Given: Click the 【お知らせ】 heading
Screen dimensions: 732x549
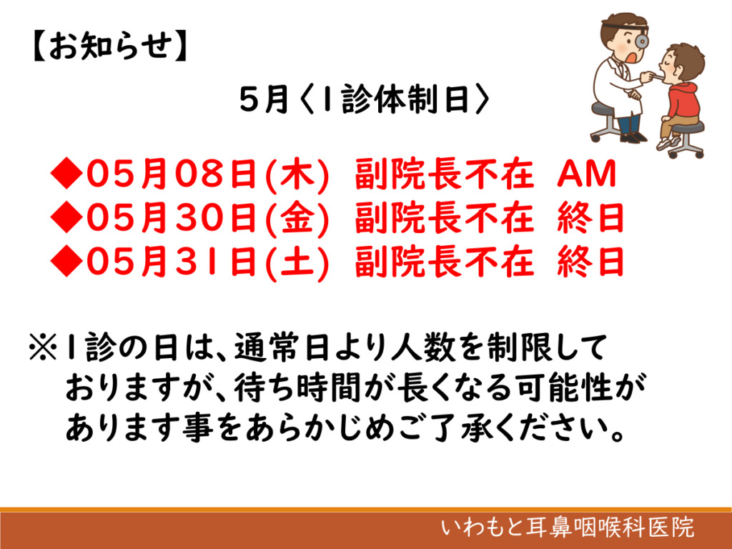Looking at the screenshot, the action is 110,46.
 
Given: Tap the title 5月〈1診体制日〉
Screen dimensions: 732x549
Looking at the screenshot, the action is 365,99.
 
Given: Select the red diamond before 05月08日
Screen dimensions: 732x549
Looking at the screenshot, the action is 66,173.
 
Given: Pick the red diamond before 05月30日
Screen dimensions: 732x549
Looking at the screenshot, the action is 66,217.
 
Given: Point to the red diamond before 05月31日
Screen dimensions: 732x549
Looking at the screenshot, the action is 66,261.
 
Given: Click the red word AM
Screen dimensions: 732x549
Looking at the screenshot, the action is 587,174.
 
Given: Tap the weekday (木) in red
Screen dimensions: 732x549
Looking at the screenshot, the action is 297,174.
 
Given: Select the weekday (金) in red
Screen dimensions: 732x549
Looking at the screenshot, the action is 297,218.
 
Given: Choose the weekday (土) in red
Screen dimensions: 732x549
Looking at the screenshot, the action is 297,262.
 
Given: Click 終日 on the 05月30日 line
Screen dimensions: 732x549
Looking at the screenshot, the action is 590,217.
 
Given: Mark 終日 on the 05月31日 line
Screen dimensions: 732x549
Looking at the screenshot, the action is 590,262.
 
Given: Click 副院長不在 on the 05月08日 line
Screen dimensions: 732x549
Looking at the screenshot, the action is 444,174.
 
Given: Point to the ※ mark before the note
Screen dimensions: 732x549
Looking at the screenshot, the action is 43,347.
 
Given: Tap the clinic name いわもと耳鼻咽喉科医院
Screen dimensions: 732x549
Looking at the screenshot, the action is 568,528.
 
